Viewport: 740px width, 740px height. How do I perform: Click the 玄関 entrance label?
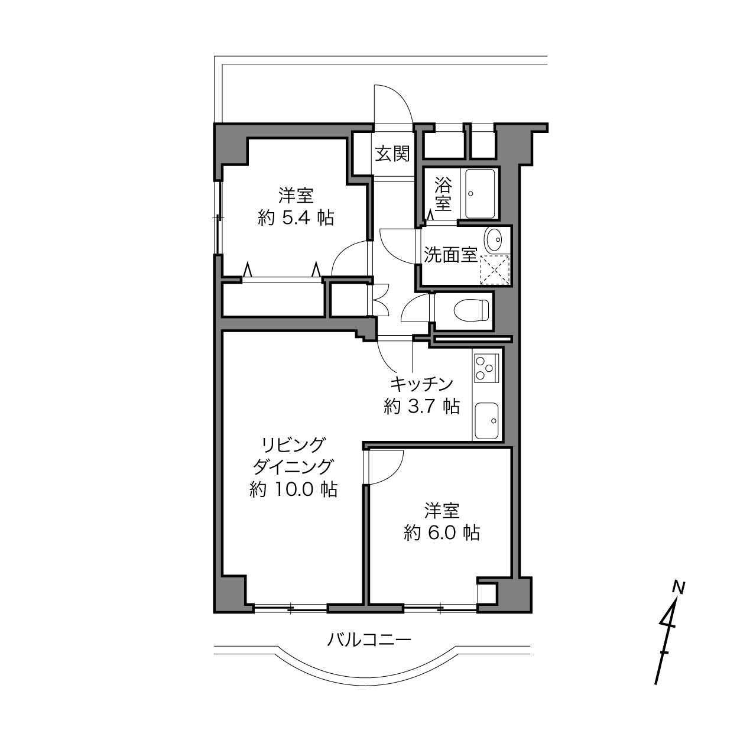coord(392,154)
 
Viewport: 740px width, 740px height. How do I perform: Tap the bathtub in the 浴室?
coord(480,193)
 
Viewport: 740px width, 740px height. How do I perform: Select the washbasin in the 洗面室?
coord(494,239)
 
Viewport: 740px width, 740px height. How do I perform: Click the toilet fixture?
coord(471,310)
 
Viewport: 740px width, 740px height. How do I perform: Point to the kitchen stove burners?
coord(483,368)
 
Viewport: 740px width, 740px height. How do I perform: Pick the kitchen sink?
coord(486,421)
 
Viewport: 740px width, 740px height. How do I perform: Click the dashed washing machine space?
coord(495,269)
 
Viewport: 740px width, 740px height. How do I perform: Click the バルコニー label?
coord(369,640)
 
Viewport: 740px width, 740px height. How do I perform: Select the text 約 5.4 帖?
coord(296,218)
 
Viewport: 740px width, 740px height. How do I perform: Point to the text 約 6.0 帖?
coord(442,533)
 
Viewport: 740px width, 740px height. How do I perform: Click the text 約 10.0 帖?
coord(294,489)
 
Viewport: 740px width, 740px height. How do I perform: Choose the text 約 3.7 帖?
coord(421,406)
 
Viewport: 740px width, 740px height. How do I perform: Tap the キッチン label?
coord(421,384)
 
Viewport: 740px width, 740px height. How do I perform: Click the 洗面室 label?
coord(450,255)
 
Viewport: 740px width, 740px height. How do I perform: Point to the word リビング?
coord(293,446)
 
